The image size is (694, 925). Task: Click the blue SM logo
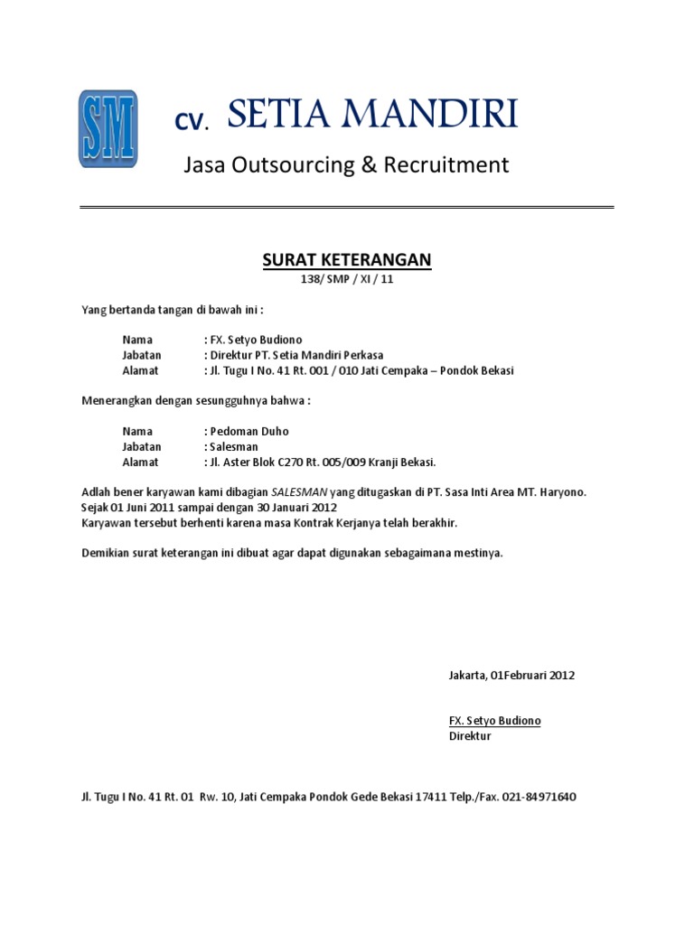108,128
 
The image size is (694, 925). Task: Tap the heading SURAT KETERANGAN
347,260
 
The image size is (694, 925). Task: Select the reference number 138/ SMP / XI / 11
347,280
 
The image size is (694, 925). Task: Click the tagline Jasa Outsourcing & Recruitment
346,165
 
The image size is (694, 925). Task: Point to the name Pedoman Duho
250,432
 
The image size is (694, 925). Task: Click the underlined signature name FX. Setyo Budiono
495,721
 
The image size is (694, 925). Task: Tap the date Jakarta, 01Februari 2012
511,675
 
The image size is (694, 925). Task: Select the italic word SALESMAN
293,492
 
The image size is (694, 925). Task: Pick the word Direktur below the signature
470,736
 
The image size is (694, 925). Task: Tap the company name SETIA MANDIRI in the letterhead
372,116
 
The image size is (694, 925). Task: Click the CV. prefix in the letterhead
192,123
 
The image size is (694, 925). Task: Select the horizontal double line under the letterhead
347,208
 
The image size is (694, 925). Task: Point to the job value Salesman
234,447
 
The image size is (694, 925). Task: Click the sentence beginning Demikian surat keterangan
292,553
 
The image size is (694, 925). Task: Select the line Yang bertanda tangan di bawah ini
172,310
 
